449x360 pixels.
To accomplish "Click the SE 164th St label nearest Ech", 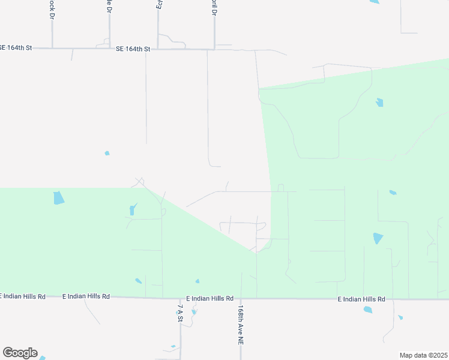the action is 133,49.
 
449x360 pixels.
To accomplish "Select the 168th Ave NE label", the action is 240,323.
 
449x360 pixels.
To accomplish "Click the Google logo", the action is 20,353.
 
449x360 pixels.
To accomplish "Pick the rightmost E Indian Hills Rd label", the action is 361,299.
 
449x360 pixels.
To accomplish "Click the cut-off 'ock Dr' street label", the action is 52,7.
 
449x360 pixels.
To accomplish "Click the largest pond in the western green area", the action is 58,197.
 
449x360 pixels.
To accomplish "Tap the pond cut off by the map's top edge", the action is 375,2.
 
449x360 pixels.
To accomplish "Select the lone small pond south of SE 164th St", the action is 107,153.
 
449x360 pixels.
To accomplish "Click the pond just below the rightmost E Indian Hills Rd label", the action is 368,310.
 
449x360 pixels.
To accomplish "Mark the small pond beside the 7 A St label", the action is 193,311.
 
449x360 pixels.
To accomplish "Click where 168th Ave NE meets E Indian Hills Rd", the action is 241,298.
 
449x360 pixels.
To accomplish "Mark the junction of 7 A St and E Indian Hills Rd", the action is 180,298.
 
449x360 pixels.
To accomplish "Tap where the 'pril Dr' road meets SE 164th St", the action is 214,48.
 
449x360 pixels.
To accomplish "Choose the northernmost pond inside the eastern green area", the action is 379,102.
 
